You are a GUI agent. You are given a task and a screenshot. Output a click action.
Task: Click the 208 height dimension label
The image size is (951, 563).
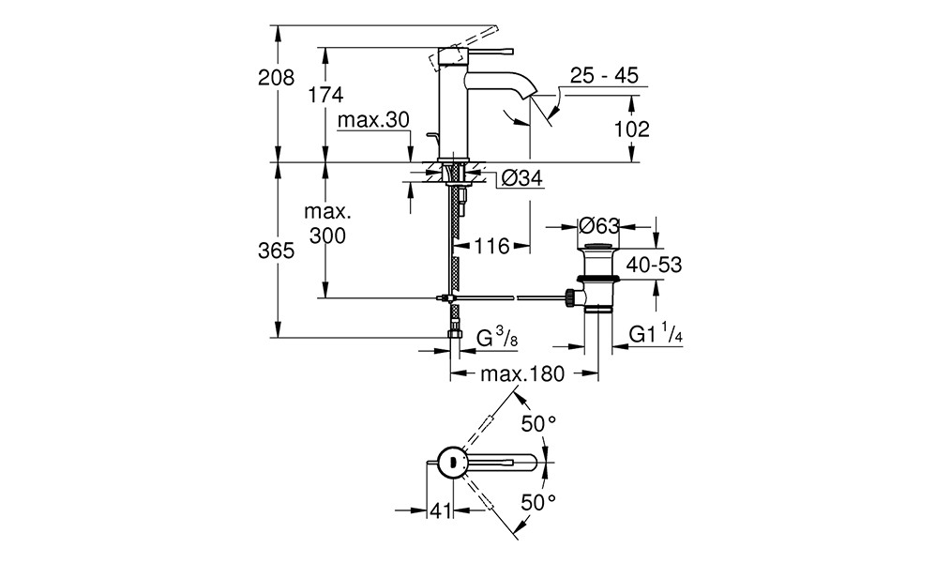coord(276,78)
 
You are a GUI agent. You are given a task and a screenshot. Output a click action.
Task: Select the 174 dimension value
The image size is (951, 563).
coord(325,95)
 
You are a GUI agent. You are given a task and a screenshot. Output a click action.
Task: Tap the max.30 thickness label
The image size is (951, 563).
coord(373,119)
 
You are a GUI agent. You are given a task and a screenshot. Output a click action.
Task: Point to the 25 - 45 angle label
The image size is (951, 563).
coord(604,75)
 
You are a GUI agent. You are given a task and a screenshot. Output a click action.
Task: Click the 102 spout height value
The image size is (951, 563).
coord(631,129)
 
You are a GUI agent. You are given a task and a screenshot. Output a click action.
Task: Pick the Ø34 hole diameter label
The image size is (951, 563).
coord(522,177)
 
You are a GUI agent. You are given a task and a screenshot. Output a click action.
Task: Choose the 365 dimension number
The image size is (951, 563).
coord(276,251)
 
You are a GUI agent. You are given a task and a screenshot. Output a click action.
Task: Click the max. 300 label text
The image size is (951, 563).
coord(327,223)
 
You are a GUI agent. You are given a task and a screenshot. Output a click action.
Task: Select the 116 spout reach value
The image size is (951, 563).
coord(491,246)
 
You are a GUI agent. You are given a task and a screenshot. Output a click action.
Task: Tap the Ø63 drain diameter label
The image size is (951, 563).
coord(599,226)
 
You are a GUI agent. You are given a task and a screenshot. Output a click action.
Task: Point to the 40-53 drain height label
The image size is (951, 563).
coord(654,265)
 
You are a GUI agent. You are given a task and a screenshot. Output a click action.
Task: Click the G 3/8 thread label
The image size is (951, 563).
coord(497,336)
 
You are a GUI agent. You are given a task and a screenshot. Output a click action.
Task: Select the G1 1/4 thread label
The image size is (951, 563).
coord(656,334)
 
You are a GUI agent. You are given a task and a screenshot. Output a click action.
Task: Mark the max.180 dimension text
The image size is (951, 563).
coord(522,373)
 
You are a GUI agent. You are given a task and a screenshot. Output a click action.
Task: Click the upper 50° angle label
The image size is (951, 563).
coord(539,424)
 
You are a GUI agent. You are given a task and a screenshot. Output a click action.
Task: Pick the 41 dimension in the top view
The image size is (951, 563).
coord(441,510)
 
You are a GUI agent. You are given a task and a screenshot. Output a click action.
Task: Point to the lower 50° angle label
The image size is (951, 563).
coord(539,502)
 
